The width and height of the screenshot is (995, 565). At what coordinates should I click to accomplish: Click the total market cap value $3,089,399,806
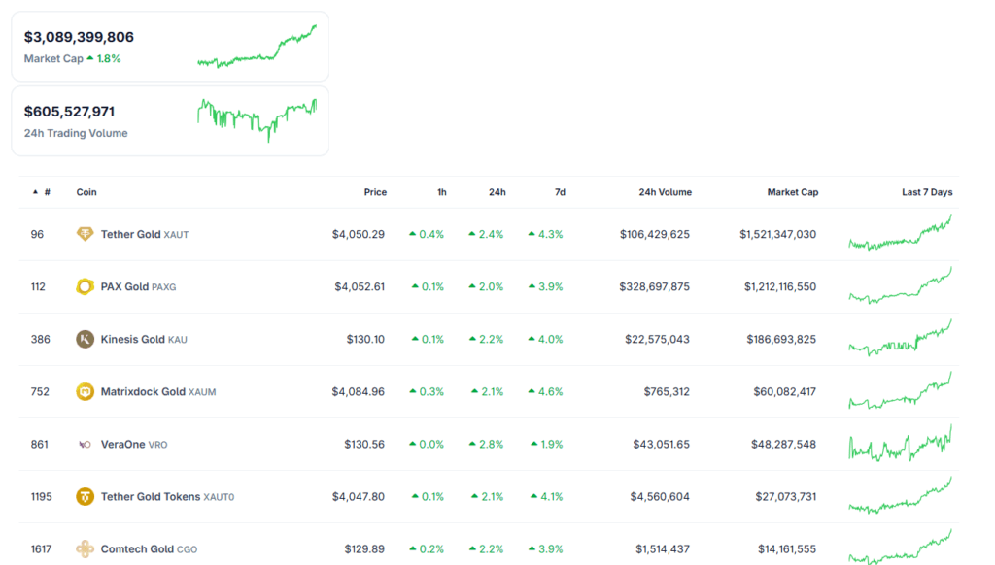pos(79,37)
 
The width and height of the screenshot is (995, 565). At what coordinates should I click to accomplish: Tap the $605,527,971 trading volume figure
pos(69,112)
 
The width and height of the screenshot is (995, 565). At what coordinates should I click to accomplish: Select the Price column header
pos(375,192)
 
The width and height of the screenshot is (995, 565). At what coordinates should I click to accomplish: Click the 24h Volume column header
pos(665,192)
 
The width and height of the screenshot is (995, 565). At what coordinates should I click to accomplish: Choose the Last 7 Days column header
pos(927,192)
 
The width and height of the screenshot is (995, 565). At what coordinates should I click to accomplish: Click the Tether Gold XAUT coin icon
pos(86,234)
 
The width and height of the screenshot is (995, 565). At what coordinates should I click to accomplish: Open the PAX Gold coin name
pos(124,286)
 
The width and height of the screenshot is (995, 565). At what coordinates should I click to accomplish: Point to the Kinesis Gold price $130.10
pos(365,339)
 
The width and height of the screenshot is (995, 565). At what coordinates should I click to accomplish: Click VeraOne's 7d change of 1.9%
pos(547,444)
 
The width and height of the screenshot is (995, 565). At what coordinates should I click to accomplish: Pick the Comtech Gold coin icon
pos(86,548)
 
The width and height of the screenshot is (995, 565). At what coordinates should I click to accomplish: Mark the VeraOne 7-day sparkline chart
pos(900,444)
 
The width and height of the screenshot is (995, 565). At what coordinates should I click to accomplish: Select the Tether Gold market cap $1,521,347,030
pos(777,234)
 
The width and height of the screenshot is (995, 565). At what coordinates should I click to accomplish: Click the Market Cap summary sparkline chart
pos(257,47)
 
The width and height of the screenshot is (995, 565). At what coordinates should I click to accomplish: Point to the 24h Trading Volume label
pos(76,133)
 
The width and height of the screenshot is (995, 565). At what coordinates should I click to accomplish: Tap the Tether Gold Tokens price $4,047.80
pos(359,496)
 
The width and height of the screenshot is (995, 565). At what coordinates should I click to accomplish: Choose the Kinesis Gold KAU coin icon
pos(86,339)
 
